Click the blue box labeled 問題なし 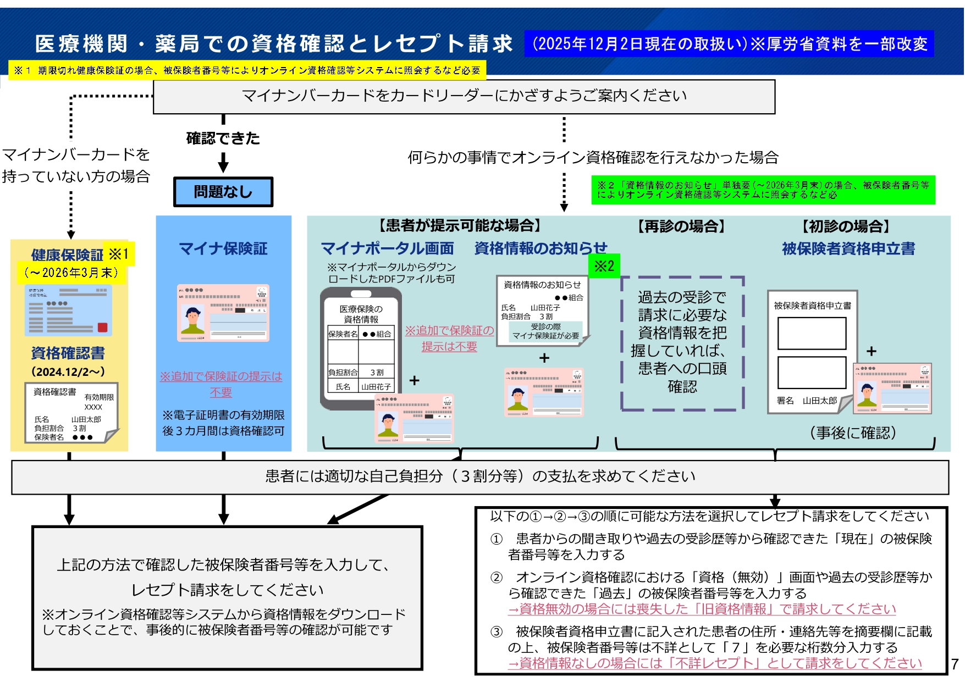click(223, 192)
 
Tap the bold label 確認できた click(223, 138)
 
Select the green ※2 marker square click(604, 266)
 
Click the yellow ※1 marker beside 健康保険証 click(119, 254)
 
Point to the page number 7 click(955, 664)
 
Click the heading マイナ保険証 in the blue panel click(223, 249)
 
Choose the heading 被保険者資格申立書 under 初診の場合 click(848, 249)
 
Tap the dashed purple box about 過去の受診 click(682, 343)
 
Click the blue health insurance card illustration click(69, 310)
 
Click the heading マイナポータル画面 click(388, 249)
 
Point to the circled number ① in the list click(497, 539)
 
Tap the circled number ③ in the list click(497, 632)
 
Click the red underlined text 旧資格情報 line click(702, 609)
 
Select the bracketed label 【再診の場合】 click(681, 226)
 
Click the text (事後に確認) click(853, 433)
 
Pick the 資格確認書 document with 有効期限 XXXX click(71, 413)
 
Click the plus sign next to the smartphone click(415, 380)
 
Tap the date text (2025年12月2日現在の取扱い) click(638, 44)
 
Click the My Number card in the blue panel click(223, 313)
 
